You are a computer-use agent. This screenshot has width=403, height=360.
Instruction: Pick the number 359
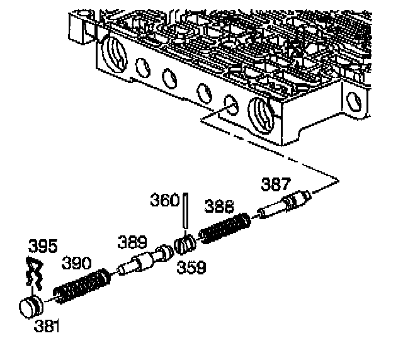[x=191, y=267]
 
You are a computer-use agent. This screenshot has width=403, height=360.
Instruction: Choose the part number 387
[x=276, y=184]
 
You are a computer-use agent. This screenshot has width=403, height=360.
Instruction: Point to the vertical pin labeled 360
[x=186, y=211]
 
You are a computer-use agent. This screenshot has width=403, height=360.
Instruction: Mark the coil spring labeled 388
[x=224, y=229]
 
